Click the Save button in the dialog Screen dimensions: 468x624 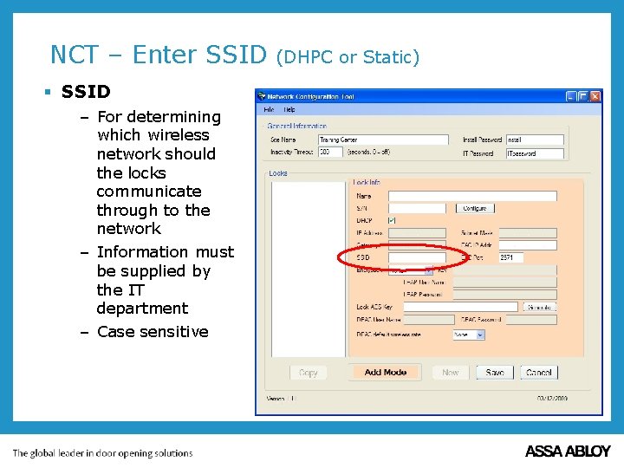pos(495,372)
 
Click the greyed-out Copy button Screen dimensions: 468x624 pos(309,372)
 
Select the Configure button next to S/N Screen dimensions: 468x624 pos(474,208)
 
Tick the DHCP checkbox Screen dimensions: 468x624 pos(392,220)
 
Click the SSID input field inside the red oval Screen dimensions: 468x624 pos(416,257)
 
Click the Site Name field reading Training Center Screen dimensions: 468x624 pos(382,140)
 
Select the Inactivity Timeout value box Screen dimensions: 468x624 pos(330,152)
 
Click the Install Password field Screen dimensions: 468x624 pos(534,140)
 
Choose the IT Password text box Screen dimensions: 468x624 pos(534,153)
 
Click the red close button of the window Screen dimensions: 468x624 pos(595,96)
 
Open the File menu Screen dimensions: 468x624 pos(269,110)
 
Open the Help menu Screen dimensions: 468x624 pos(289,110)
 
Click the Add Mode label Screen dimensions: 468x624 pos(386,372)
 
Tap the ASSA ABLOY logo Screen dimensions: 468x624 pos(568,452)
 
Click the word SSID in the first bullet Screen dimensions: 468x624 pos(86,92)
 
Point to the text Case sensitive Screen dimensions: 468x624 pos(153,332)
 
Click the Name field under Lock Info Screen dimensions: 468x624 pos(471,196)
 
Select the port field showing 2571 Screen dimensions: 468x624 pos(527,257)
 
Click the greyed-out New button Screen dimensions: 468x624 pos(451,372)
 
